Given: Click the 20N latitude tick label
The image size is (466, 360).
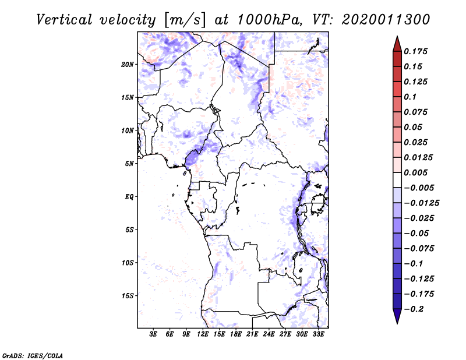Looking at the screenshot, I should [128, 64].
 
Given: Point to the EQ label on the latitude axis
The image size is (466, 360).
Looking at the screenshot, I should [129, 197].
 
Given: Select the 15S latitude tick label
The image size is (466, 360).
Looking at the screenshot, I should [128, 296].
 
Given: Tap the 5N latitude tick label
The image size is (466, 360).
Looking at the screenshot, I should [129, 164].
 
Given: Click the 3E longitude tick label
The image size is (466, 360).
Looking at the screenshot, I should [154, 335].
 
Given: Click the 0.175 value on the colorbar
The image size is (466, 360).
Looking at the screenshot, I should [416, 51].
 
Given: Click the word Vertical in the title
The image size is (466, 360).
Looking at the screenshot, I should [63, 19].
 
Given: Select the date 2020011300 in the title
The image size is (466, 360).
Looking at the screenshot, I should [386, 19].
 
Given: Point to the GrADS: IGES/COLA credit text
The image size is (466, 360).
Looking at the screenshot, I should [33, 355].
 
